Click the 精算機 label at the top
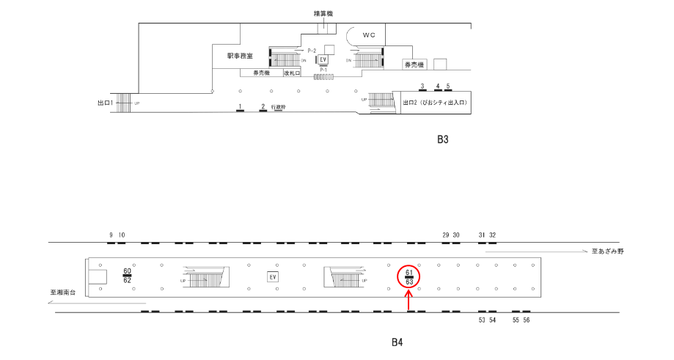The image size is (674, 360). [x=323, y=13]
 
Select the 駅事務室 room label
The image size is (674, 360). [x=240, y=56]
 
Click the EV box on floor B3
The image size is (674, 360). [x=322, y=59]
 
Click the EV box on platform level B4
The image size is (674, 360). [x=272, y=276]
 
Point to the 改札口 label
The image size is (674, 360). [x=293, y=73]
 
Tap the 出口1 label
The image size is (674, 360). [x=107, y=103]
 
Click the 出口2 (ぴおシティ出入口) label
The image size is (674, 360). [x=435, y=103]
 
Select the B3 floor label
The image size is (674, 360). [x=442, y=140]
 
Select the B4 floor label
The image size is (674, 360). [x=397, y=342]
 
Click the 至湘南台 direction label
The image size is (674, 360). [x=64, y=293]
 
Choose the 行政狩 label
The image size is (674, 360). [x=278, y=106]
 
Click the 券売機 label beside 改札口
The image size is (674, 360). [x=262, y=73]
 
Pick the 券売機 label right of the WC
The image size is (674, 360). [x=414, y=65]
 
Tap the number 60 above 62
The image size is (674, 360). [x=127, y=271]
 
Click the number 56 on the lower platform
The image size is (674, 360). [x=527, y=320]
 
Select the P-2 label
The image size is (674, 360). [x=312, y=50]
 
